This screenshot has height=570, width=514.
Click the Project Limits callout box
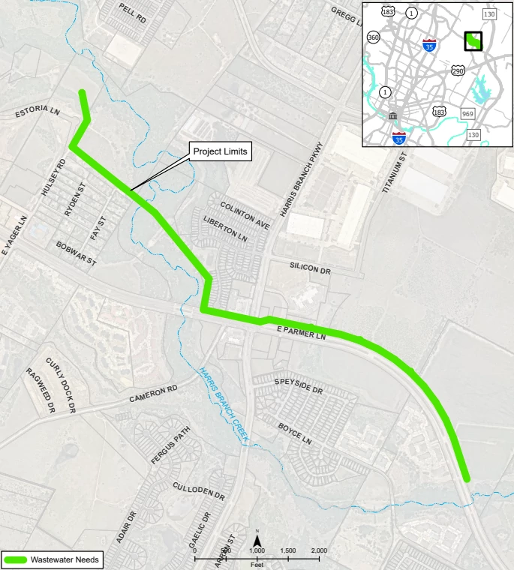219,151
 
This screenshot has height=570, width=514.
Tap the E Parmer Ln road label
302,333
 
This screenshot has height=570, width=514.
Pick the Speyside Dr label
298,386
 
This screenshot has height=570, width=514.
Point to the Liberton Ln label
225,228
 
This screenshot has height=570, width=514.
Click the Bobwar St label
77,253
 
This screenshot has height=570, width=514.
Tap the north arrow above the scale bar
257,538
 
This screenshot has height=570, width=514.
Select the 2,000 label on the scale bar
319,550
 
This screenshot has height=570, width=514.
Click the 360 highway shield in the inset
374,37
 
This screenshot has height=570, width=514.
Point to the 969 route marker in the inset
468,112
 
